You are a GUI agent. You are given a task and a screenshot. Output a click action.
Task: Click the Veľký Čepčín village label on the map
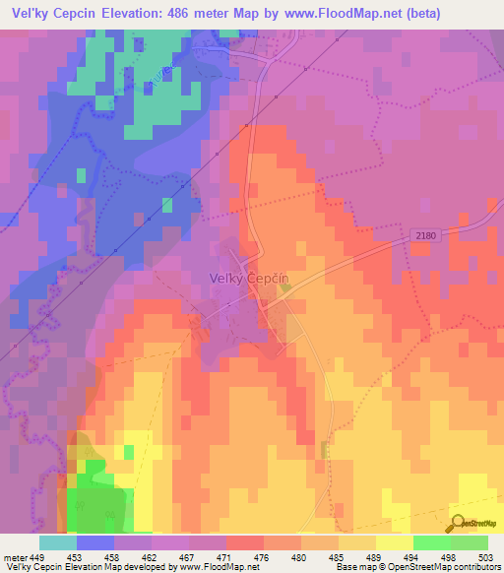(x=248, y=279)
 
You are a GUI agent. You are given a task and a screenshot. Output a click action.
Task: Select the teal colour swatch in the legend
(x=57, y=542)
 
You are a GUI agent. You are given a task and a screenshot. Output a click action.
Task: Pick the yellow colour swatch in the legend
(x=395, y=542)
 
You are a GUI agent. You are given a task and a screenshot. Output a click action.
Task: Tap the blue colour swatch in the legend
(x=94, y=542)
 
